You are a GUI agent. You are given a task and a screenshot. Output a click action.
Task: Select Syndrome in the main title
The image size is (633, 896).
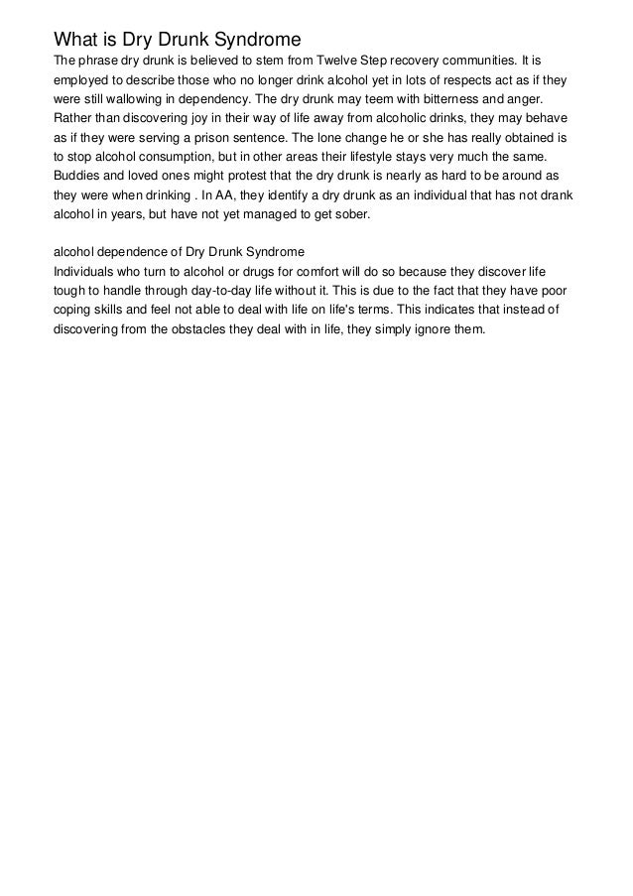[251, 40]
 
